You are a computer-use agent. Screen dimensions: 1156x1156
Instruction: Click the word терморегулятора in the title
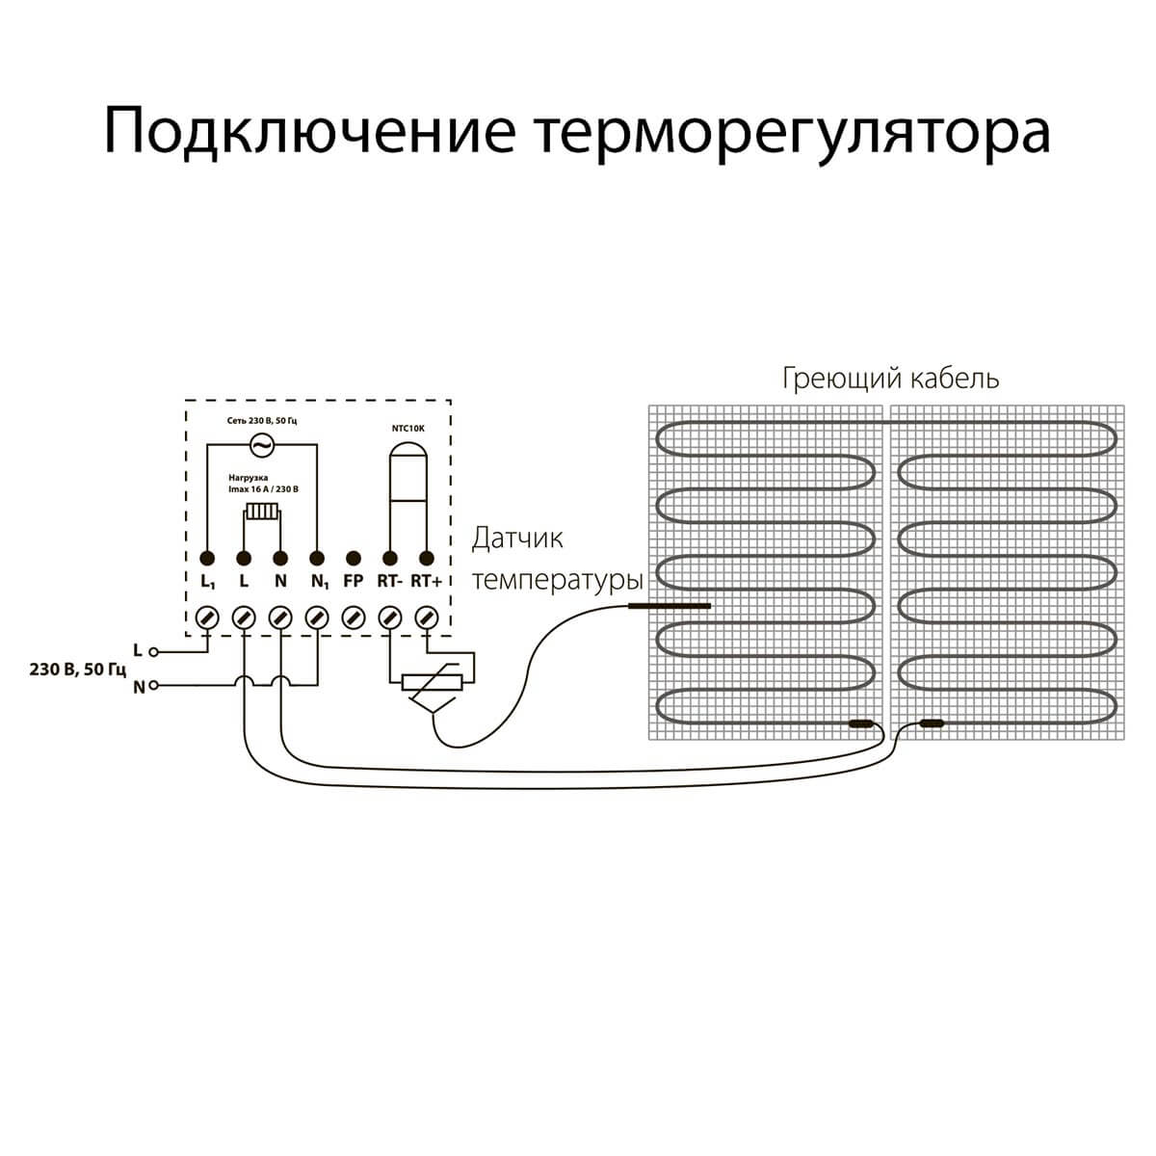click(791, 132)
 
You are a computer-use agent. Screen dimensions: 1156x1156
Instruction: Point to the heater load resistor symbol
click(261, 512)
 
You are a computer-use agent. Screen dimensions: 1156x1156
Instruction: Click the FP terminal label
click(353, 582)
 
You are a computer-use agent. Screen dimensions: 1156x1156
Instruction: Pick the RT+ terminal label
click(426, 582)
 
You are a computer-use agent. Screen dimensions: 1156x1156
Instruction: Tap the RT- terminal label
click(389, 582)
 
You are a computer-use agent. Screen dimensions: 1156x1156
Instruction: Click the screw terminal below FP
click(353, 617)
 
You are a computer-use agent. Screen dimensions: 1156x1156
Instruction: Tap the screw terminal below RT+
click(426, 617)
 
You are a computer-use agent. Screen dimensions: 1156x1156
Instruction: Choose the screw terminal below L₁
click(207, 617)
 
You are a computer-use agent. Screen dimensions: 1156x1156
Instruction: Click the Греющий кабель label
click(890, 378)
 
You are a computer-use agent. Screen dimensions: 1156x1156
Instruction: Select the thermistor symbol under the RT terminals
click(434, 683)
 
